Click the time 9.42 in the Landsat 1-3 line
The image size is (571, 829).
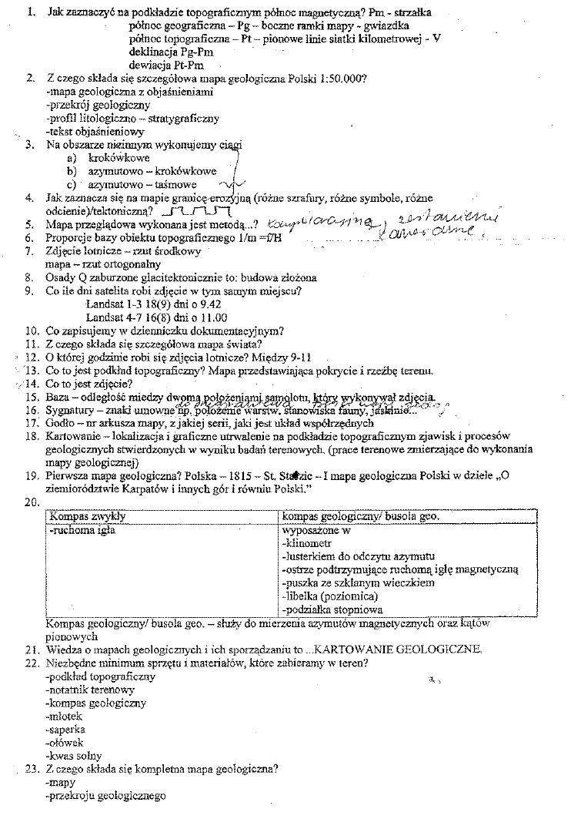(228, 304)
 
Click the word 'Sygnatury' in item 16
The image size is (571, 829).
(72, 411)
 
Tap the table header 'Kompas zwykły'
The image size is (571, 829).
(87, 515)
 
